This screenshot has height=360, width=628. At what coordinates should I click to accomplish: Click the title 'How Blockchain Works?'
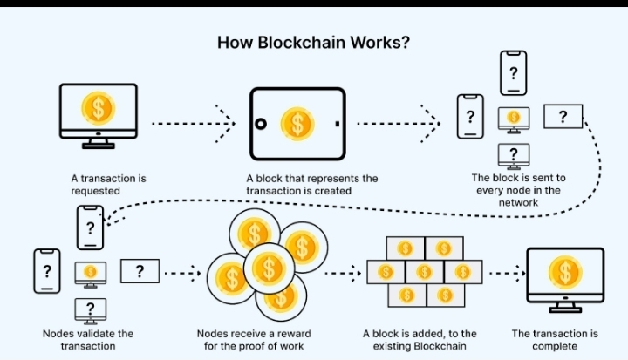tap(313, 43)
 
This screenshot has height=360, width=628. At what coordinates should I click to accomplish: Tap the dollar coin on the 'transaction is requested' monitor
tap(98, 109)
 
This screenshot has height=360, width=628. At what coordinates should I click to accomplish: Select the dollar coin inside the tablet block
tap(297, 123)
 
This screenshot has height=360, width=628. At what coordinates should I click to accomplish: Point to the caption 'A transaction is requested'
tap(109, 184)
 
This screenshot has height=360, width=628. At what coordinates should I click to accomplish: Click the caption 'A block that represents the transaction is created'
tap(311, 184)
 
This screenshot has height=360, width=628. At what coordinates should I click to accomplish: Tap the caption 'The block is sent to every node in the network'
tap(518, 190)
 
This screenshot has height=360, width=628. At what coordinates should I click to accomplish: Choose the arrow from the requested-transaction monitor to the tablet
tap(193, 123)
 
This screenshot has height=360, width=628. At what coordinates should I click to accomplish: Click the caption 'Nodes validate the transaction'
tap(87, 339)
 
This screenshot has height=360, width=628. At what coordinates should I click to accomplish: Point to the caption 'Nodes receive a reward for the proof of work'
tap(253, 339)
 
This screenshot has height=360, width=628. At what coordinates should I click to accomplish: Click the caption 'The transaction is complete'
tap(555, 339)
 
